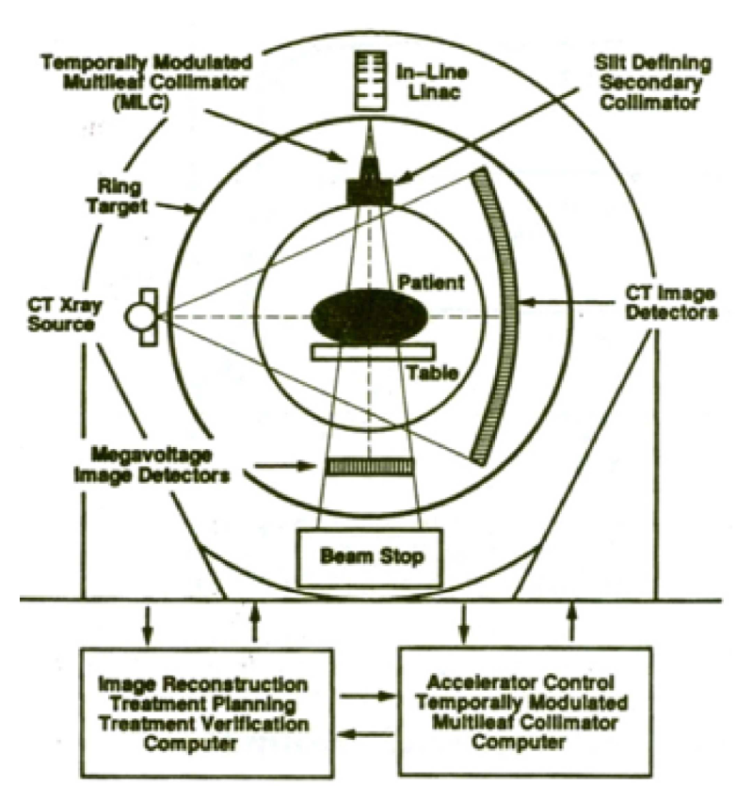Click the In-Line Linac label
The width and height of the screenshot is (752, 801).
point(432,82)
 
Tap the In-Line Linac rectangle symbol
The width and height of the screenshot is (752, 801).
point(371,80)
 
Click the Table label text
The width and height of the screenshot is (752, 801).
point(432,373)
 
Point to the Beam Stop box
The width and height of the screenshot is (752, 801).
point(370,557)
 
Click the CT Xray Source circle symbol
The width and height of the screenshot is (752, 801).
point(139,317)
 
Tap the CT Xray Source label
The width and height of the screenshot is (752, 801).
point(64,314)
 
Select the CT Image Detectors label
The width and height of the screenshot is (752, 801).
point(671,303)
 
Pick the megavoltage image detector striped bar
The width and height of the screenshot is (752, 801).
point(370,467)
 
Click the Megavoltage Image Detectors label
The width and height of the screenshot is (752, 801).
point(152,465)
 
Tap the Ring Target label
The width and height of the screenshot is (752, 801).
point(118,197)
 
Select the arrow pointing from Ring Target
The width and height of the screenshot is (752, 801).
point(177,207)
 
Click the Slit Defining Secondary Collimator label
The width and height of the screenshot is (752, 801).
point(652,83)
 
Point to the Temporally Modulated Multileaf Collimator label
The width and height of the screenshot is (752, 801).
point(147,83)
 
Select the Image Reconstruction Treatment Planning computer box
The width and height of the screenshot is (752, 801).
point(207,713)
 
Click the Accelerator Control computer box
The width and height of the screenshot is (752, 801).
point(524,712)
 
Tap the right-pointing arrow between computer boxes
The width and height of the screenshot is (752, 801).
point(367,696)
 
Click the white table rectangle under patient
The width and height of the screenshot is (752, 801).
point(373,352)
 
